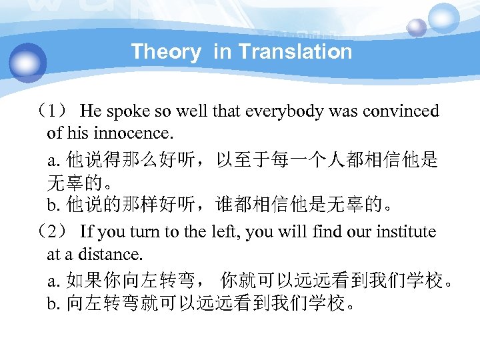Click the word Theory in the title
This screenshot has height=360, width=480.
pos(165,52)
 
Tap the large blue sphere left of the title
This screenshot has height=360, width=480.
pos(29,63)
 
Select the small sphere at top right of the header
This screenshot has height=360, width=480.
pos(417,27)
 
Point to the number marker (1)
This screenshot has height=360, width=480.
pos(54,111)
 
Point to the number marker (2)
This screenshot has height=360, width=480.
pos(54,232)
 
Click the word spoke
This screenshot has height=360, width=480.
pos(123,111)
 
